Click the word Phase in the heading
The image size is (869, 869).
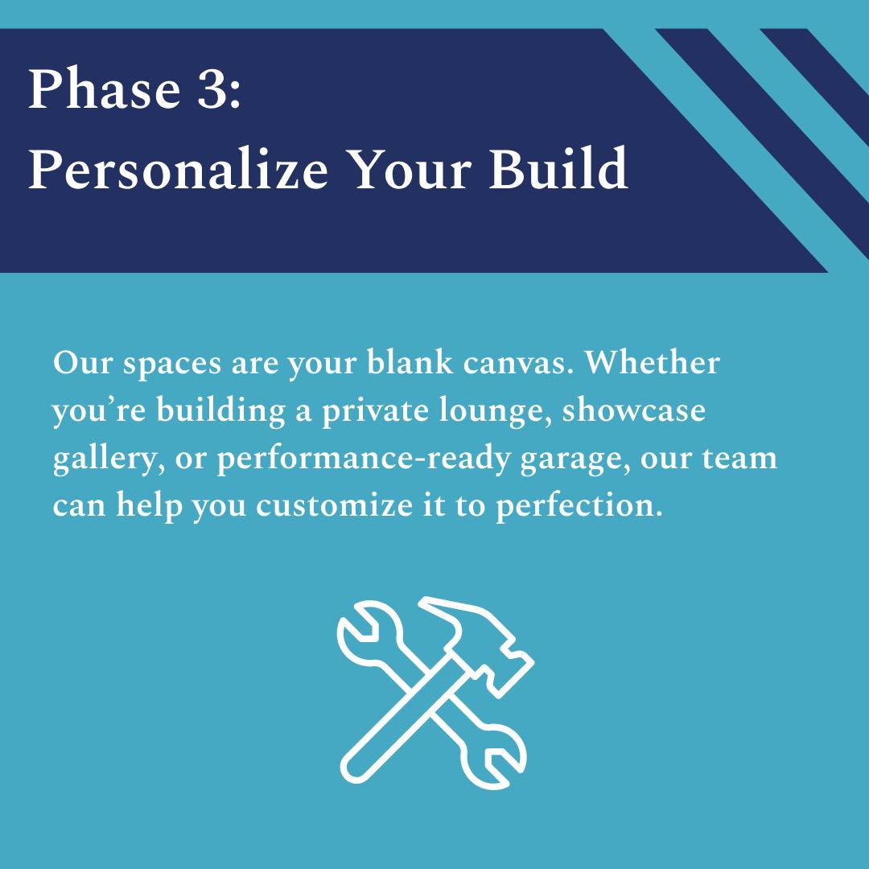click(104, 89)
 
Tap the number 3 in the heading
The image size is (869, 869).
click(212, 89)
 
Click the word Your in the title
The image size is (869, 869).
click(410, 168)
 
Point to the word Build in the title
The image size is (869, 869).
click(558, 168)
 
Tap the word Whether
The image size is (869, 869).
click(653, 362)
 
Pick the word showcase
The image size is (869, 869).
click(634, 410)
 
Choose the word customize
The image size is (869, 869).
click(334, 506)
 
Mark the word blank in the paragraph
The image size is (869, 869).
click(410, 362)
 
